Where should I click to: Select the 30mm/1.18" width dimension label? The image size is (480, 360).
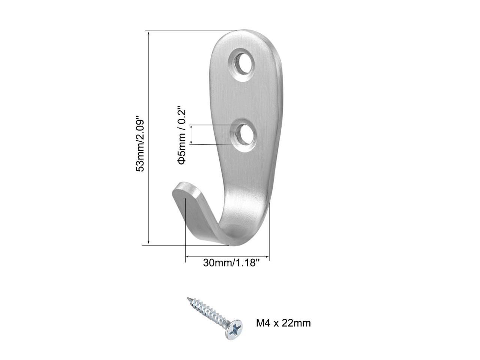[231, 263]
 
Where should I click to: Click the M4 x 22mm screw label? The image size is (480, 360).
[283, 323]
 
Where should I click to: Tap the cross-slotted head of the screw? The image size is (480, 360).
[233, 329]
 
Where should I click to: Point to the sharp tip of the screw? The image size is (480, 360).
[188, 298]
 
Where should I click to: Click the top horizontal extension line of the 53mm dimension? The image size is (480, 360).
[187, 30]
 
